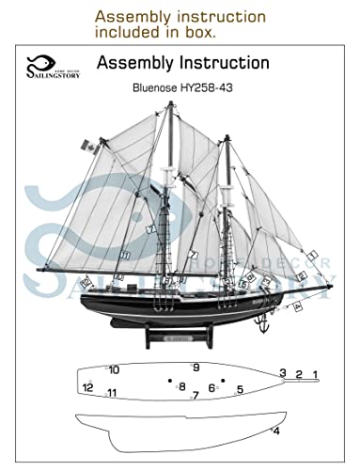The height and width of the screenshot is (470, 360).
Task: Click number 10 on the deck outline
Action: (114, 369)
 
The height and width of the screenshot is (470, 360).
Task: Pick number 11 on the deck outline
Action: (111, 393)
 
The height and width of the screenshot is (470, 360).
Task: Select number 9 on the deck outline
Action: (196, 367)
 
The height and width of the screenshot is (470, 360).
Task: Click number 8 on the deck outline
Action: (181, 386)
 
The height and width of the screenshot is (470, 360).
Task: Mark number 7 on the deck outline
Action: (195, 397)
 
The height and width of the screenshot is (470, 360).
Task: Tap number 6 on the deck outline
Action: (211, 387)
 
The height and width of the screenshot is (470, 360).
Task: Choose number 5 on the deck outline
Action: (240, 389)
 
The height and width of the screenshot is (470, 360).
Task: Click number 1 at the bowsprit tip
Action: (316, 375)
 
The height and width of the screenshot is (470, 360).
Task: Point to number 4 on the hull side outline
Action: (276, 431)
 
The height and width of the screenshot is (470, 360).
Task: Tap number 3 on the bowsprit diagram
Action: (283, 373)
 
